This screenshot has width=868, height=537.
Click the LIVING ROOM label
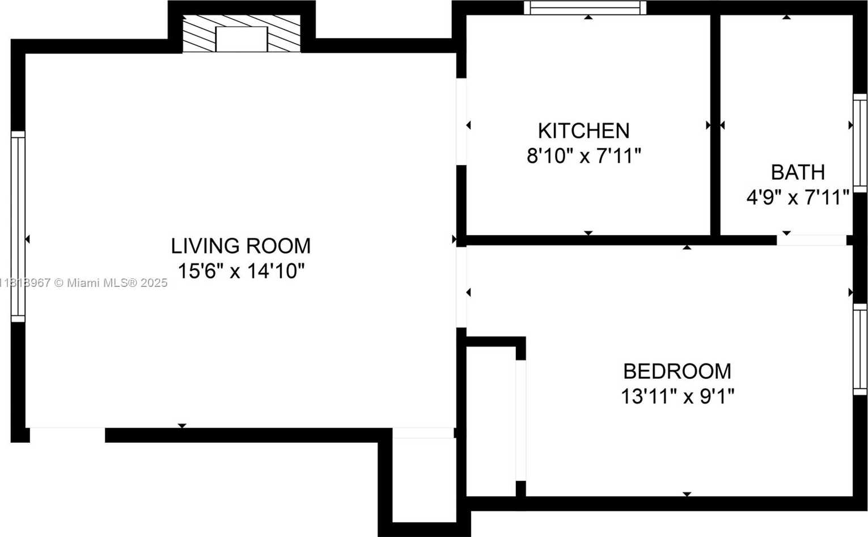(240, 246)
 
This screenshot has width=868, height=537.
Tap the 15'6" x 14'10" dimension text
(241, 271)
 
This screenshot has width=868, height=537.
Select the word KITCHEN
(583, 131)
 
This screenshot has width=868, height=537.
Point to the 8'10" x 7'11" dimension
(583, 156)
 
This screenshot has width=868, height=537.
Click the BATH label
(798, 172)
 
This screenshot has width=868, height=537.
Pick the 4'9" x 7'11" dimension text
(798, 197)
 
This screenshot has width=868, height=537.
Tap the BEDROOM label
(677, 371)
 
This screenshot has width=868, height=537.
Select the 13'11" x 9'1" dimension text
(678, 396)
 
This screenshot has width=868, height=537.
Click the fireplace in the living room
(242, 33)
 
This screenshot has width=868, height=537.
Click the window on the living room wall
(18, 227)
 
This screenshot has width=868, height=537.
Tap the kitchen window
(585, 8)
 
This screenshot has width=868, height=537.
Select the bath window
(860, 143)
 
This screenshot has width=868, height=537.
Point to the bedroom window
(860, 349)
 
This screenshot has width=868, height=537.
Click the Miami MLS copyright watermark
(83, 283)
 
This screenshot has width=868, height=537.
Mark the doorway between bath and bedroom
(811, 240)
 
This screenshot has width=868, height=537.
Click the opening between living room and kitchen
(461, 122)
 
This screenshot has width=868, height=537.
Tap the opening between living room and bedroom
(461, 287)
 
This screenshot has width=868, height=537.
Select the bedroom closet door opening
(521, 420)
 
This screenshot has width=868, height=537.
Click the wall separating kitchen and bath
(715, 125)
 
